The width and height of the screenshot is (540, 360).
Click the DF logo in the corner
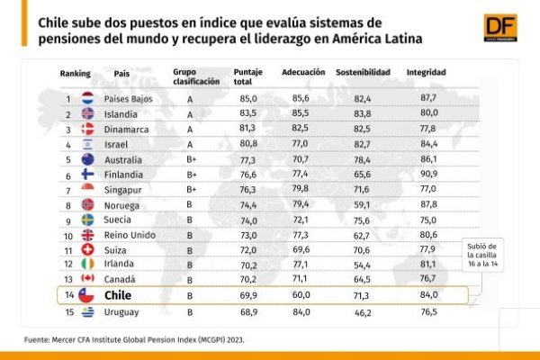[500, 28]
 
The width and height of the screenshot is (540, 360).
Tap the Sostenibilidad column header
[363, 72]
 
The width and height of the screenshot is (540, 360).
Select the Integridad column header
[427, 72]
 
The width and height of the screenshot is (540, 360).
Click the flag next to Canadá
[88, 278]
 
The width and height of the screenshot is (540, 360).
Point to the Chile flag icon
[86, 295]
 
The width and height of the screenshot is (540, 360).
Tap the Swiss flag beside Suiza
[88, 250]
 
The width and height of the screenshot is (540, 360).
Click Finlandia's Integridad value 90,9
[428, 174]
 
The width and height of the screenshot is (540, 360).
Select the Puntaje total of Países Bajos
[248, 99]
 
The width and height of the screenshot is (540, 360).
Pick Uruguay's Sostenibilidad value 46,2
[363, 313]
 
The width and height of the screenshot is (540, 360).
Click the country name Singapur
[123, 190]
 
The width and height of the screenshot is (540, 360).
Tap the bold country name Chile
[118, 295]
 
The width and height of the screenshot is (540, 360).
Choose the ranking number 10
[68, 236]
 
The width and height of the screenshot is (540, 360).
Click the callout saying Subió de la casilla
[482, 255]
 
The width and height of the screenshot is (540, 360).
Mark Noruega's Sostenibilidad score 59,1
[362, 205]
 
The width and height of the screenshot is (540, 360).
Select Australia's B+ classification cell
[192, 159]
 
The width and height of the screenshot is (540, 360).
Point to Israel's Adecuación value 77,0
[300, 143]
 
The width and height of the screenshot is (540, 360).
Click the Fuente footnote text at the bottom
[134, 339]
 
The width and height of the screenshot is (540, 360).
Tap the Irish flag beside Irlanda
[88, 264]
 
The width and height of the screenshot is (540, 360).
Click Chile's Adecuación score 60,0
[301, 295]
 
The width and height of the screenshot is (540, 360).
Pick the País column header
[121, 74]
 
